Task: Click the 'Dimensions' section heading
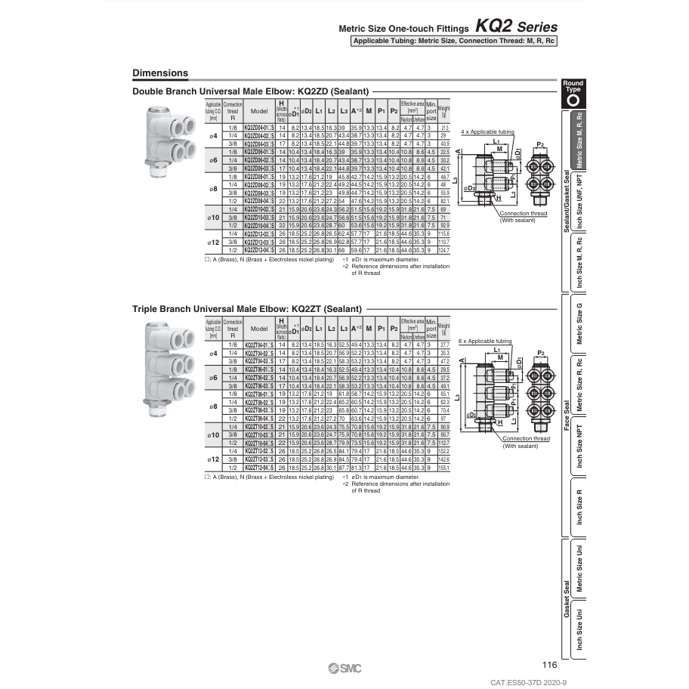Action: [159, 73]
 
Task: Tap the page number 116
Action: [549, 665]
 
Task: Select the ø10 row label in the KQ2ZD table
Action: [213, 218]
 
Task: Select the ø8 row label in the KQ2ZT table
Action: [213, 406]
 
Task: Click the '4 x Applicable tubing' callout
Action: [487, 131]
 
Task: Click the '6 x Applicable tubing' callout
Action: [486, 342]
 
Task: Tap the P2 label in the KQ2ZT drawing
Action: [540, 353]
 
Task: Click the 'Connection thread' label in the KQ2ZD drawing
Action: [523, 214]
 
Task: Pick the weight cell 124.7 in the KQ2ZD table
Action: [443, 249]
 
